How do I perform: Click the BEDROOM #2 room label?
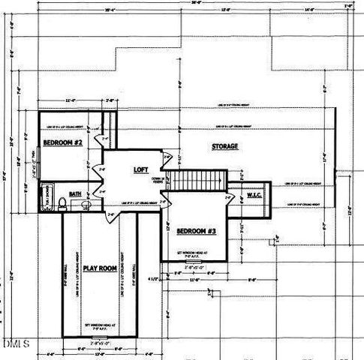click(62, 142)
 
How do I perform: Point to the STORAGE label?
click(224, 147)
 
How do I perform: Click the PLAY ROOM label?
click(98, 267)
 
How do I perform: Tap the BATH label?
click(76, 193)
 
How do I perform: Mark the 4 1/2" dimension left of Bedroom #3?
click(155, 280)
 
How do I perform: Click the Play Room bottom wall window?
click(98, 337)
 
